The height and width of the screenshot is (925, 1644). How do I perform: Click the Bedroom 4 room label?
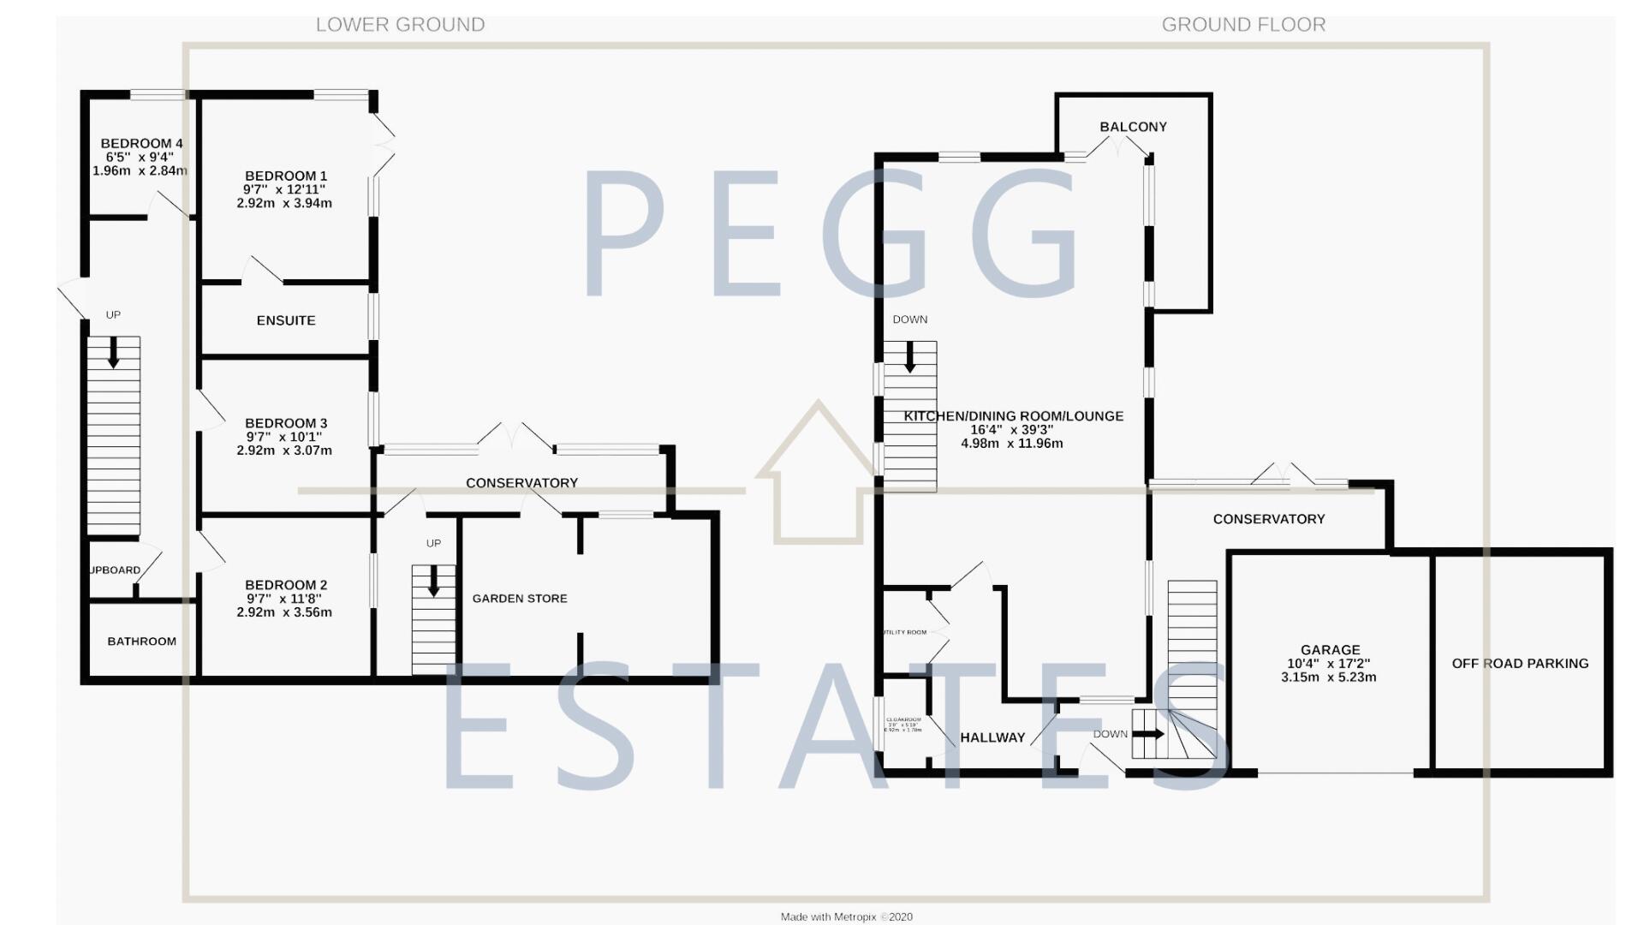pyautogui.click(x=141, y=143)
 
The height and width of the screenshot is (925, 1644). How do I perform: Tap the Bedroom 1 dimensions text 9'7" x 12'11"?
pyautogui.click(x=284, y=189)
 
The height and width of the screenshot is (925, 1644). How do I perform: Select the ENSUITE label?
pyautogui.click(x=286, y=320)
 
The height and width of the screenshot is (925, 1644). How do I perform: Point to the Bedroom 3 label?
pyautogui.click(x=286, y=423)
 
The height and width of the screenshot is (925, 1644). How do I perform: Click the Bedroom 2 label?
pyautogui.click(x=286, y=585)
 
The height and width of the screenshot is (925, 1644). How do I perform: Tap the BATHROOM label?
pyautogui.click(x=142, y=641)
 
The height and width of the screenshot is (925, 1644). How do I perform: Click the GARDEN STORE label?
pyautogui.click(x=520, y=599)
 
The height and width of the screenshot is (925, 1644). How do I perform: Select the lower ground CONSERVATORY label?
pyautogui.click(x=521, y=483)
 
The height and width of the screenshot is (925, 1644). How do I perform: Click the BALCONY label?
pyautogui.click(x=1133, y=127)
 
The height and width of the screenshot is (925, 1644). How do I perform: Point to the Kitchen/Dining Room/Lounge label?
pyautogui.click(x=1014, y=416)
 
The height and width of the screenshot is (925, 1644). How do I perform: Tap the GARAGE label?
pyautogui.click(x=1330, y=650)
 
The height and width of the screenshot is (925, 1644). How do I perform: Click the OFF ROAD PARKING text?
pyautogui.click(x=1520, y=663)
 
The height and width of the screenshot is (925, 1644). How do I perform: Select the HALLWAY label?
pyautogui.click(x=992, y=737)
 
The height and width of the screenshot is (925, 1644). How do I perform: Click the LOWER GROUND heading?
pyautogui.click(x=400, y=25)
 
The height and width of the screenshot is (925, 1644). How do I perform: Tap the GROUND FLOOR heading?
pyautogui.click(x=1243, y=25)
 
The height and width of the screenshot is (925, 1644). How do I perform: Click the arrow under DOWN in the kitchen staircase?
pyautogui.click(x=910, y=357)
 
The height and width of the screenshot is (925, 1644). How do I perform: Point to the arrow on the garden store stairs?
pyautogui.click(x=433, y=581)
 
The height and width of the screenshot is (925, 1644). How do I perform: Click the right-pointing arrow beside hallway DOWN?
pyautogui.click(x=1149, y=734)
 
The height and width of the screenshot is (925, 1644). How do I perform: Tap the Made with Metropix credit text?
pyautogui.click(x=846, y=916)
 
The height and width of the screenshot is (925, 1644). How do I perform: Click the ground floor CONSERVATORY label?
pyautogui.click(x=1268, y=519)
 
